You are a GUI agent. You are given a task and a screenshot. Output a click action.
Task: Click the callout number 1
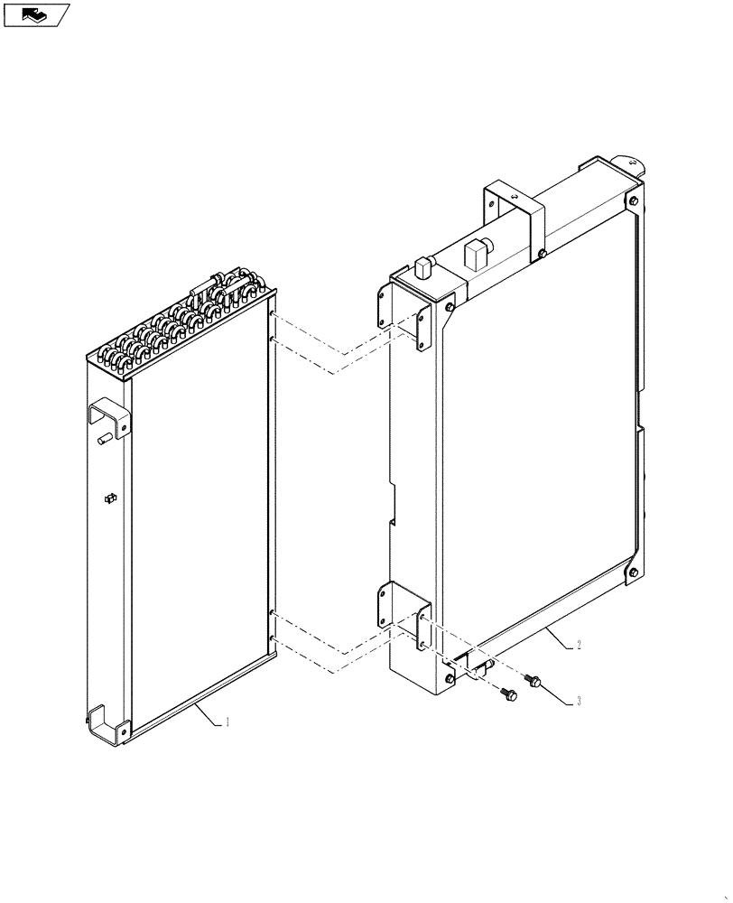(x=227, y=722)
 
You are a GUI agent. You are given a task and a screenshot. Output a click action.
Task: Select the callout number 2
(x=579, y=645)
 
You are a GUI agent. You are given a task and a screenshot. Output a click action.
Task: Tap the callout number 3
(x=579, y=701)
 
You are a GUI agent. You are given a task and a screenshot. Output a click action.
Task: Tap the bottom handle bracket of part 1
(x=107, y=724)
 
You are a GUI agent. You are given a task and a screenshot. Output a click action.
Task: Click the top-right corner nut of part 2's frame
(x=634, y=201)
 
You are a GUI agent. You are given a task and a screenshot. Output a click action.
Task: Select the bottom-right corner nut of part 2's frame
(x=634, y=572)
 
